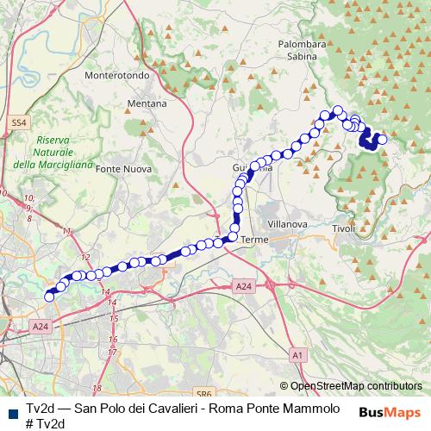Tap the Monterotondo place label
[118, 75]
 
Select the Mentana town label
[147, 103]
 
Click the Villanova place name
[287, 223]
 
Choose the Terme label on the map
[255, 239]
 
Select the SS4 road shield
[19, 123]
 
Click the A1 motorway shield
[297, 354]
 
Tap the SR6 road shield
[203, 390]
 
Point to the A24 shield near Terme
[243, 285]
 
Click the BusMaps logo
[390, 411]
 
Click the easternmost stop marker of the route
[382, 140]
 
